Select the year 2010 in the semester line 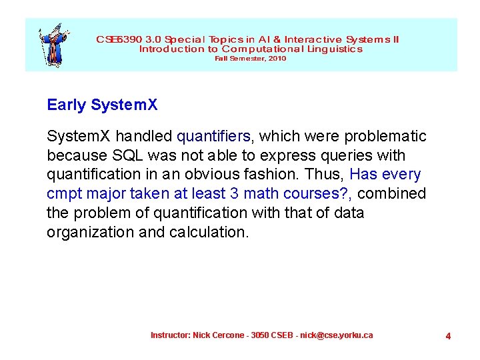click(x=277, y=59)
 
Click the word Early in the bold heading click(x=67, y=105)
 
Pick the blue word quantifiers click(x=213, y=137)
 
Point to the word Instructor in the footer click(x=170, y=335)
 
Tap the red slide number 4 click(x=448, y=336)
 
